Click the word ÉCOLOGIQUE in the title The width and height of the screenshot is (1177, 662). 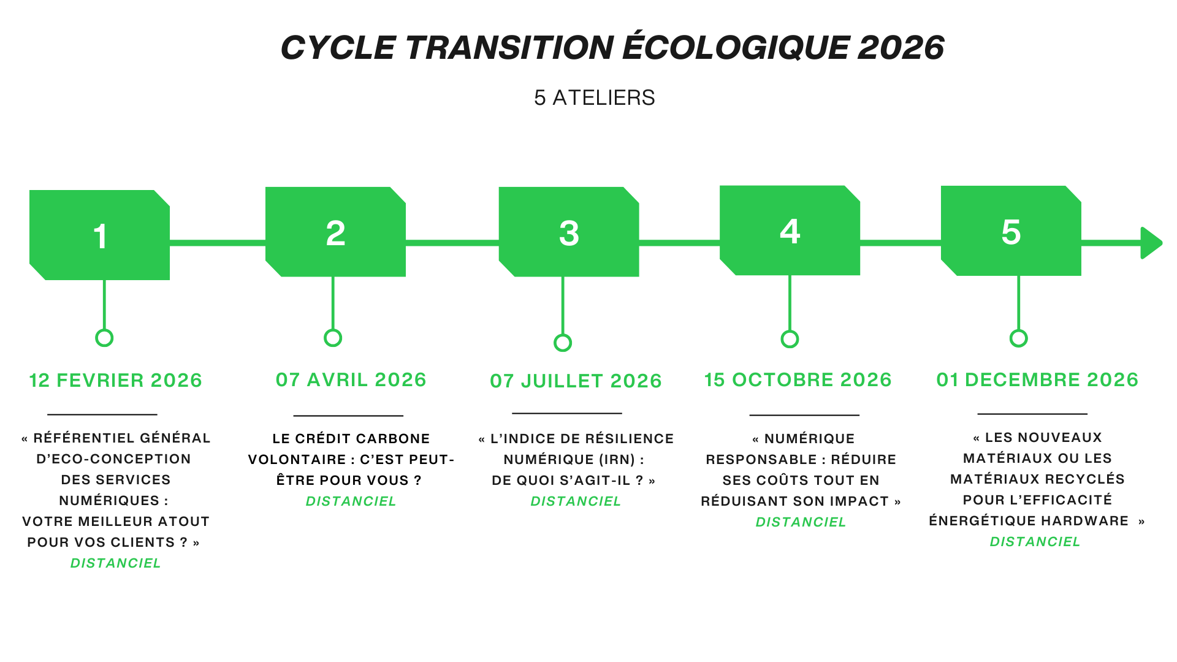coord(736,47)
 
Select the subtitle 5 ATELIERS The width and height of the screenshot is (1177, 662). coord(594,98)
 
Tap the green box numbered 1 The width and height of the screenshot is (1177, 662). coord(99,235)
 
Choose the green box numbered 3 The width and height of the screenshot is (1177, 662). coord(569,232)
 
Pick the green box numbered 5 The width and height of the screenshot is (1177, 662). coord(1011,230)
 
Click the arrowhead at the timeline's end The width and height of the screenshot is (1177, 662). coord(1151,243)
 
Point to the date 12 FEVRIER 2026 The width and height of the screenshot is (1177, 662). coord(115,380)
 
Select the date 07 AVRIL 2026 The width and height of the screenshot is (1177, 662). coord(351,379)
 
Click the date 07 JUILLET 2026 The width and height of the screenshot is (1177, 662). coord(576,381)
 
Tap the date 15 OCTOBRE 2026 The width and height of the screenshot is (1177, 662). coord(798,379)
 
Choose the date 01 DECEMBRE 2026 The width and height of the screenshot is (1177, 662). coord(1037,379)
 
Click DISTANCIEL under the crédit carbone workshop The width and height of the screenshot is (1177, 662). coord(351,501)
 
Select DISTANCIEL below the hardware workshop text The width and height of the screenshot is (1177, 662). coord(1035,542)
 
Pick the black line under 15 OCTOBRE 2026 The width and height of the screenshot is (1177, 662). coord(804,415)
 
